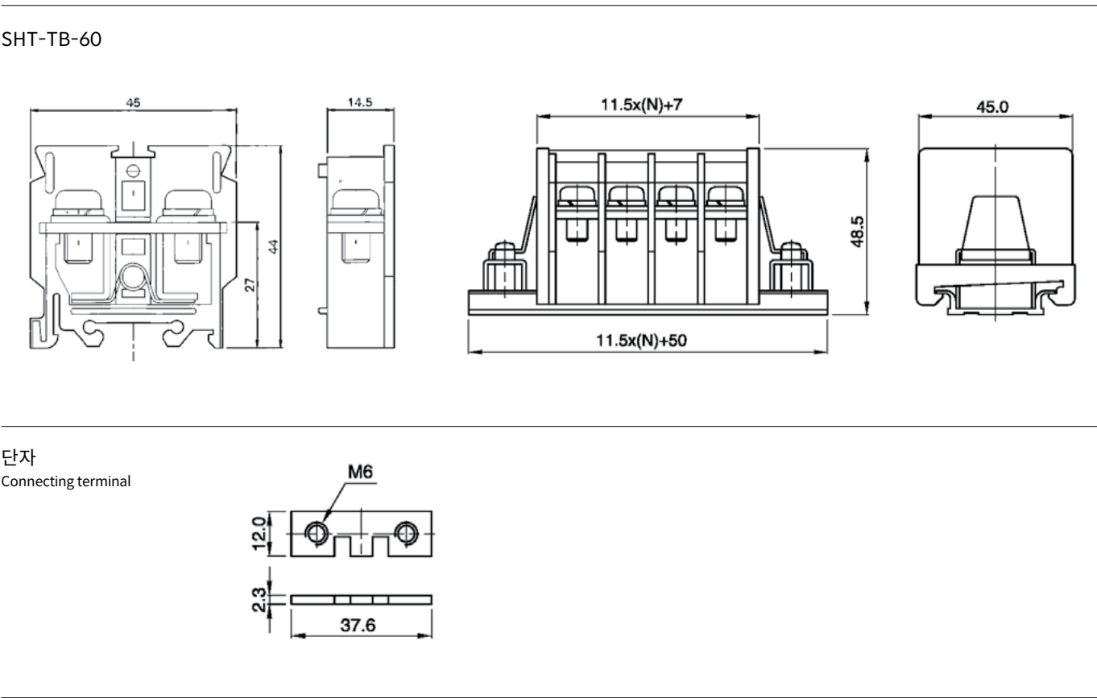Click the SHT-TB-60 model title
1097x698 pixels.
pos(52,39)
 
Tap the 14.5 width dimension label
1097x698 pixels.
pos(360,102)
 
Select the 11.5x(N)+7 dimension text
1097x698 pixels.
pos(642,105)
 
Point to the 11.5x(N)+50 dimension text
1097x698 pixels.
pos(641,341)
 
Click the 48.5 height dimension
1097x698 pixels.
pos(857,232)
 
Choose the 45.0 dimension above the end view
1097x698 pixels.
pos(992,107)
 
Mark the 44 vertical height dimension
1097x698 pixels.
pos(273,246)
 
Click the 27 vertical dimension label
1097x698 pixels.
pos(250,285)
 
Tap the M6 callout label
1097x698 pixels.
pos(361,472)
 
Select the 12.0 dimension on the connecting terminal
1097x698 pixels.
pos(259,534)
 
